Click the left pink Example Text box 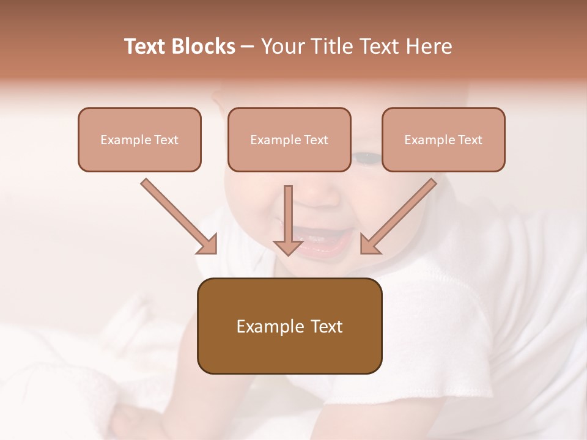pyautogui.click(x=139, y=139)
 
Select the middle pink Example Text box pyautogui.click(x=289, y=139)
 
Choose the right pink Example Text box pyautogui.click(x=443, y=139)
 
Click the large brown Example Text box pyautogui.click(x=289, y=326)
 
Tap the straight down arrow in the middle pyautogui.click(x=288, y=223)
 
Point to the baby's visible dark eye pyautogui.click(x=366, y=158)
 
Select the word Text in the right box pyautogui.click(x=470, y=140)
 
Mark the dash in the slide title pyautogui.click(x=248, y=47)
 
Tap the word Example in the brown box pyautogui.click(x=270, y=326)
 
